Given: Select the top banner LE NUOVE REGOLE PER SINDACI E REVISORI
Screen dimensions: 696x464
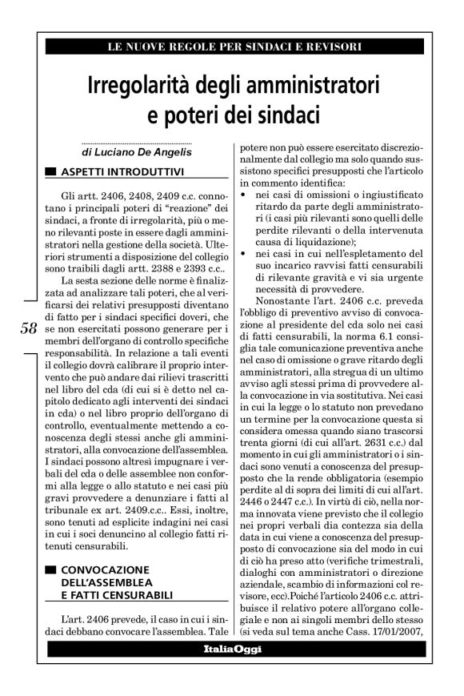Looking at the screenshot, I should coord(233,47).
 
